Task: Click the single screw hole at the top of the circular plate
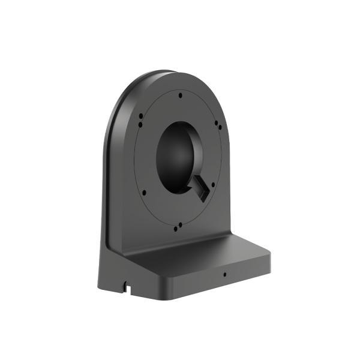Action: pyautogui.click(x=181, y=94)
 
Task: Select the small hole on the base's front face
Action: pyautogui.click(x=224, y=277)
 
